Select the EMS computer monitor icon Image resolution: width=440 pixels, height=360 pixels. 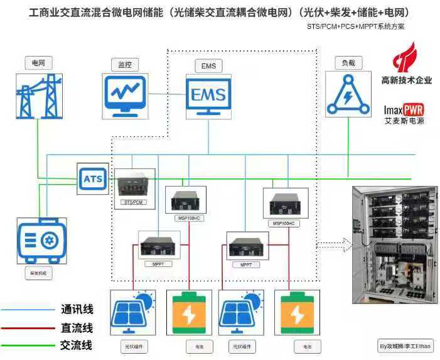[x=208, y=95]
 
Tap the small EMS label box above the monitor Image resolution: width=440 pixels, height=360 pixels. [x=208, y=66]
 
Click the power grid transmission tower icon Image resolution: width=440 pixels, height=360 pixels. [x=38, y=94]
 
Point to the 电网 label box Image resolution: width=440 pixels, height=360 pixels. [x=38, y=63]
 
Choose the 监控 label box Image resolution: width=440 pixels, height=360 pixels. [x=124, y=65]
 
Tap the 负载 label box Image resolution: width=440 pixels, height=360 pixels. [x=348, y=63]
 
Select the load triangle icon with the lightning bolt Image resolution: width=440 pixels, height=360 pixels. [x=347, y=96]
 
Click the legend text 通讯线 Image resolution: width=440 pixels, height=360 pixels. [x=77, y=309]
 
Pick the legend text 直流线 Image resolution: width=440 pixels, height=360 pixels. [x=77, y=327]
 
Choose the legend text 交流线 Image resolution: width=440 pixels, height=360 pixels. [x=77, y=345]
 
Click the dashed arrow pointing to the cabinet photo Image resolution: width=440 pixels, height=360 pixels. [x=333, y=244]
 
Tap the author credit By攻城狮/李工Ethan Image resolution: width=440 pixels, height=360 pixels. [x=405, y=346]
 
